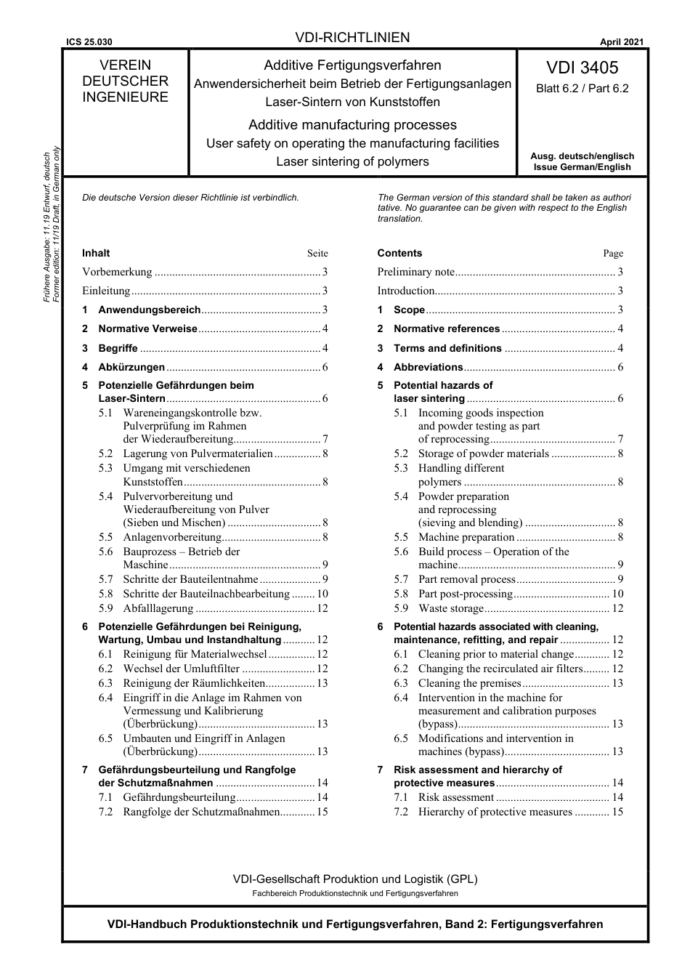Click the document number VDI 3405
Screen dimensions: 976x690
pos(582,68)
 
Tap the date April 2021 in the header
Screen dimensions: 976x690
pos(621,42)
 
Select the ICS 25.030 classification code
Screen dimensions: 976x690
pos(89,43)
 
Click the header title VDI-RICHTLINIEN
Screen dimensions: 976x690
pos(352,38)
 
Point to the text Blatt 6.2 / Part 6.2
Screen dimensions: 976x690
pos(582,89)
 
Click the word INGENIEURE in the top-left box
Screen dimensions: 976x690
pos(125,97)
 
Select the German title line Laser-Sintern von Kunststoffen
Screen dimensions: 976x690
pos(352,102)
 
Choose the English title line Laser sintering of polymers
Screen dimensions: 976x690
pos(352,161)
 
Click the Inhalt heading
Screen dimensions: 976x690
pos(96,253)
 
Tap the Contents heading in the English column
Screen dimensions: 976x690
pos(399,253)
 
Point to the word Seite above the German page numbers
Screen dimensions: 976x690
pos(317,254)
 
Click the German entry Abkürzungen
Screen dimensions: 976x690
pos(131,367)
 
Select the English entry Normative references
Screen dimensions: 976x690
pos(446,328)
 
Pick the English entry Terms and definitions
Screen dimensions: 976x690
pos(447,348)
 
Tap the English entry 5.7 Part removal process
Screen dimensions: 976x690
pos(466,579)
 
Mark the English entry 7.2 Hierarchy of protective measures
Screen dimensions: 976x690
pos(495,812)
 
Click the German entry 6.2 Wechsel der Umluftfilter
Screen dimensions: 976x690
pos(181,669)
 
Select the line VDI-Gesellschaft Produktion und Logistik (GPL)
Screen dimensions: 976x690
pos(355,879)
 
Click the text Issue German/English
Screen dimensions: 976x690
pos(582,166)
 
